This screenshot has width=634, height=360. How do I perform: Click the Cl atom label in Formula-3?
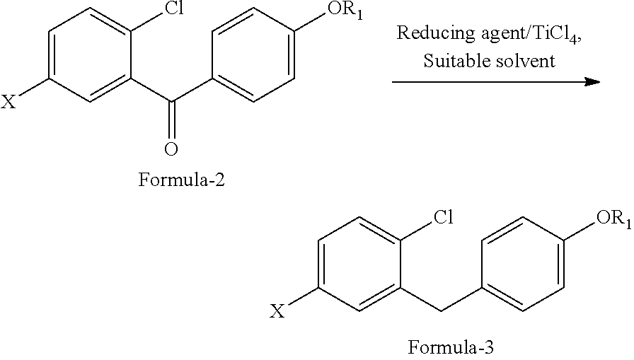pos(444,217)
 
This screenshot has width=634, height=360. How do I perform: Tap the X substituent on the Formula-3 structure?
pos(277,311)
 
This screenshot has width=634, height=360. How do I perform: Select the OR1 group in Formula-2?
pos(345,10)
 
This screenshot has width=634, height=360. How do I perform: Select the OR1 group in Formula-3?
pos(613,219)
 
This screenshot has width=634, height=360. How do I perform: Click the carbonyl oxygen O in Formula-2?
pos(171,149)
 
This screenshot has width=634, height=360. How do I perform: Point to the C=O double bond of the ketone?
pos(171,120)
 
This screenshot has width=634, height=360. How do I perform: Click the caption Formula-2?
pos(182,180)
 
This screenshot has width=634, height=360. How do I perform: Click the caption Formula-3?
pos(451,347)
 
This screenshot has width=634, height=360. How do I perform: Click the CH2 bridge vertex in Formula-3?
pos(441,310)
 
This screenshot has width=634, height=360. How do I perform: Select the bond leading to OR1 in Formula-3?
pos(580,231)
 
